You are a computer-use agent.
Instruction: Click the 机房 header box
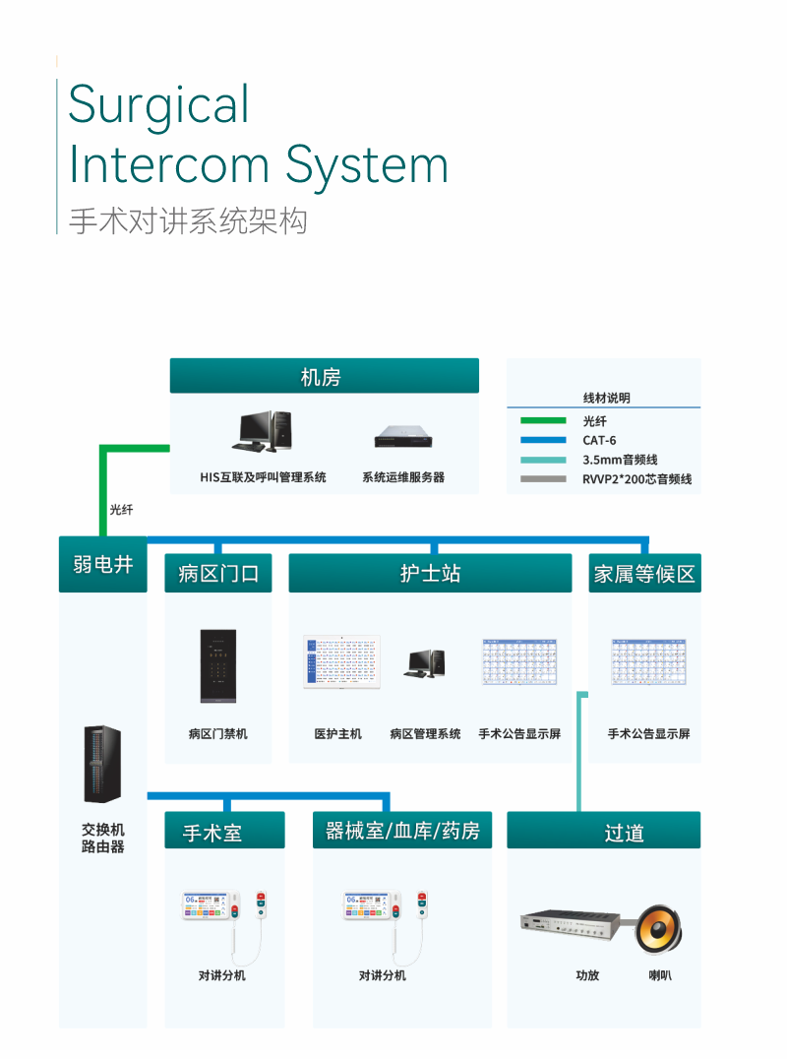tap(324, 376)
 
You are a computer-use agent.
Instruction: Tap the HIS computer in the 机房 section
tap(263, 431)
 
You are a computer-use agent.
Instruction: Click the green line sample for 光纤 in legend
tap(543, 420)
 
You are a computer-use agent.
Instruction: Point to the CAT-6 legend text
tap(599, 440)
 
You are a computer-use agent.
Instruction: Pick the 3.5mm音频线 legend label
tap(620, 460)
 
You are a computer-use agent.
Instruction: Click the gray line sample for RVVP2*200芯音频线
tap(543, 479)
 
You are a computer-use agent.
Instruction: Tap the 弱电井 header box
tap(102, 565)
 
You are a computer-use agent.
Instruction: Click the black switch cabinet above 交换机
tap(102, 764)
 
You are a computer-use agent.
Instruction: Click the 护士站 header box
tap(430, 573)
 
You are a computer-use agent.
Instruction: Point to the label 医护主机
tap(337, 734)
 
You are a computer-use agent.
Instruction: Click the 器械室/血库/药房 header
tap(402, 831)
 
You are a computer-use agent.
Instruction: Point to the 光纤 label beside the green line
tap(121, 510)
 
